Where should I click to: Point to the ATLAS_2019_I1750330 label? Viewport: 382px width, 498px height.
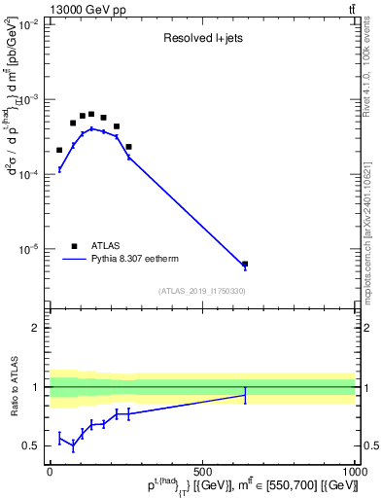202,291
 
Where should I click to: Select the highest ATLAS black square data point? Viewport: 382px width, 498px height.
91,114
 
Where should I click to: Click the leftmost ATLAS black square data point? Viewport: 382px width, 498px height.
59,150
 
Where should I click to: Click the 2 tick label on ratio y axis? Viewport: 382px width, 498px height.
36,328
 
